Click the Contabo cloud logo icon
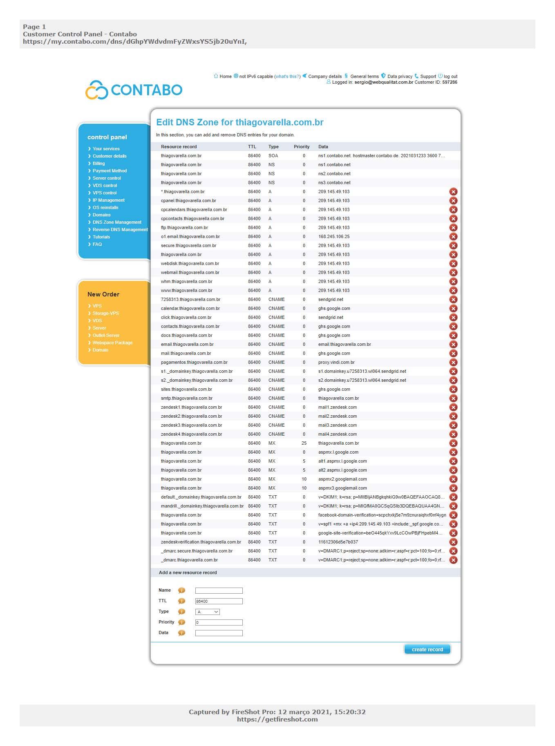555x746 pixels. coord(96,90)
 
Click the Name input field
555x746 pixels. coord(219,590)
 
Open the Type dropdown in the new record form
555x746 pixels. coord(208,612)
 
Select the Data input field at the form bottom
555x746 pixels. coord(219,633)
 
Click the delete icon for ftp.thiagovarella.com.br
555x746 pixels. coord(453,227)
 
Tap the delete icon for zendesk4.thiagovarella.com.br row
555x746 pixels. coord(453,434)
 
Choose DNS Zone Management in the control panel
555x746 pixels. coord(117,222)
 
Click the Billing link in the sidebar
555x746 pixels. coord(98,163)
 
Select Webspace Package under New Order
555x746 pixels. coord(112,343)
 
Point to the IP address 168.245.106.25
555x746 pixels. coord(334,236)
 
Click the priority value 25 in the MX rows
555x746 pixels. coord(304,443)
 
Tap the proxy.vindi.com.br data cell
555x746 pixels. coord(336,362)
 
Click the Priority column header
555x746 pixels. coord(302,147)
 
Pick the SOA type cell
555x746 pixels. coord(273,156)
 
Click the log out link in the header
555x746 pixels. coord(450,76)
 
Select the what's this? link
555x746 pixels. coord(287,76)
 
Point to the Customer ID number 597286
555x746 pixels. coord(450,82)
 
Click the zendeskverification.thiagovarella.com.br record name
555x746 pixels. coord(201,542)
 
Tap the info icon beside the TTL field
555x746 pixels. coord(182,601)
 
